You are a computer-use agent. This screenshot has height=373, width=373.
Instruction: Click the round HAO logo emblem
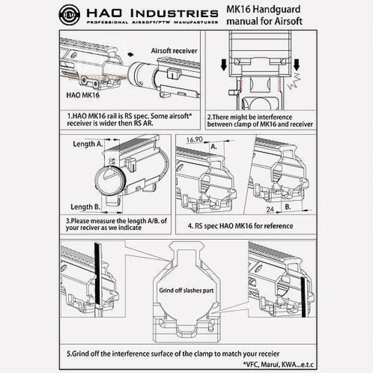[69, 15]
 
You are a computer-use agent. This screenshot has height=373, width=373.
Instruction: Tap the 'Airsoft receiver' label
[174, 51]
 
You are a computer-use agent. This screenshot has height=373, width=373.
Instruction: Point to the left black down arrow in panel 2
[224, 64]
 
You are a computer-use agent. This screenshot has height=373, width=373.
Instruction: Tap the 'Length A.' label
[88, 144]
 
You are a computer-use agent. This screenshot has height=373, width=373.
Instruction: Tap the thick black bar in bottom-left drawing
[97, 275]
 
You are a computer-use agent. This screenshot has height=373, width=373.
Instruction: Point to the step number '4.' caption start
[191, 226]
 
